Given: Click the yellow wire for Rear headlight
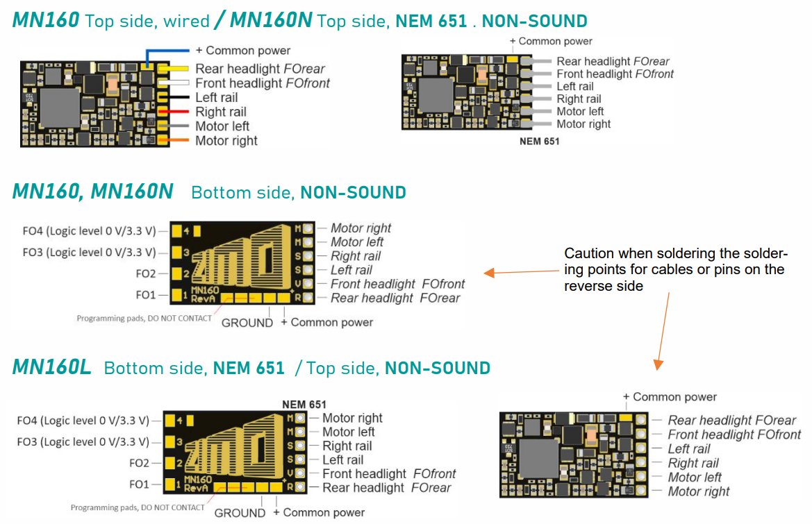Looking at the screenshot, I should point(178,69).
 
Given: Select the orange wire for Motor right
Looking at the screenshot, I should point(176,141).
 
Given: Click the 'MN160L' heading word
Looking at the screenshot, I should point(51,368).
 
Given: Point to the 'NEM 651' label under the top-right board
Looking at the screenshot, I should point(539,142).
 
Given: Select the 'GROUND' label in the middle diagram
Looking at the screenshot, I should point(247,323).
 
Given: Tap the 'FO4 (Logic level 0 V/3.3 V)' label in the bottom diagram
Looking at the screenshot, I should point(83,421).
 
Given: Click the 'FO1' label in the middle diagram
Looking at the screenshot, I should point(146,295).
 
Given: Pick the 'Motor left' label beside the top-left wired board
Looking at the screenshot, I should point(222,126).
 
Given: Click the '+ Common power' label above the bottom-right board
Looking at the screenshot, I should point(670,397).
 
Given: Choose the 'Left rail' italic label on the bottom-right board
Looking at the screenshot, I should point(688,449).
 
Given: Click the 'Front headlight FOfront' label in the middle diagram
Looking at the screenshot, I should point(397,284).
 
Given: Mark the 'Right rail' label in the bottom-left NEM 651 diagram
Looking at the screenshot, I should point(347,446).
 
